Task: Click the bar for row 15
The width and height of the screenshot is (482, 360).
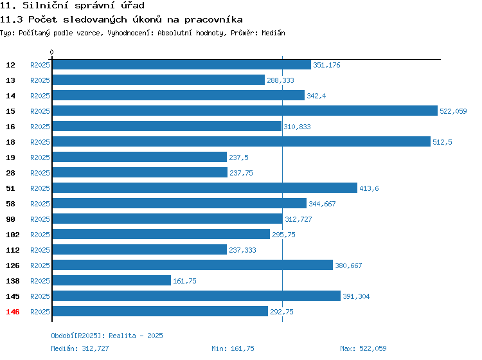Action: pyautogui.click(x=245, y=111)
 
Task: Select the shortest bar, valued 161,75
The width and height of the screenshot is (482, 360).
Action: pyautogui.click(x=112, y=280)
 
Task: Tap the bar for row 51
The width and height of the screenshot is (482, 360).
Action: pyautogui.click(x=205, y=188)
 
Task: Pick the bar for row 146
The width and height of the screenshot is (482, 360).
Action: pyautogui.click(x=160, y=311)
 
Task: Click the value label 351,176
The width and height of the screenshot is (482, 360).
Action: pyautogui.click(x=326, y=65)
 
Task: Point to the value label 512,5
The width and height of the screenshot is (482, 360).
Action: pyautogui.click(x=442, y=142)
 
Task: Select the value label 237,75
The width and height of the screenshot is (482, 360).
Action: pyautogui.click(x=241, y=173)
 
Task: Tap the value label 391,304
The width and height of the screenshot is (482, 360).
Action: pyautogui.click(x=356, y=296)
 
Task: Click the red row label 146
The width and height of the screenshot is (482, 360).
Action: pyautogui.click(x=13, y=312)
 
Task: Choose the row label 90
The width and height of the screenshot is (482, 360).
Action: pyautogui.click(x=10, y=219)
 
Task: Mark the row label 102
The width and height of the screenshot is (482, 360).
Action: pyautogui.click(x=13, y=235)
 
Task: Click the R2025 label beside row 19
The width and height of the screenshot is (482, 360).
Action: pyautogui.click(x=40, y=157)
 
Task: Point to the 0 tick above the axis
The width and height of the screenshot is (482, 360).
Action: pyautogui.click(x=51, y=52)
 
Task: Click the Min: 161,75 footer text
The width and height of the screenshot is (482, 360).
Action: pyautogui.click(x=233, y=348)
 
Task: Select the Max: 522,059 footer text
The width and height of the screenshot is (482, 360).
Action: pyautogui.click(x=363, y=348)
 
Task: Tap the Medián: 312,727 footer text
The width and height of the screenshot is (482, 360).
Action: pyautogui.click(x=80, y=348)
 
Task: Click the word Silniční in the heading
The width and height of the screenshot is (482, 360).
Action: pyautogui.click(x=45, y=5)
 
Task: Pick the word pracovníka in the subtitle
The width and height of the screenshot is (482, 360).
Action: pyautogui.click(x=213, y=20)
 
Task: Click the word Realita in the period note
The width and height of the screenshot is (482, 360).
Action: pyautogui.click(x=122, y=336)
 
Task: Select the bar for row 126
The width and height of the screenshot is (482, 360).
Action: pyautogui.click(x=192, y=265)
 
